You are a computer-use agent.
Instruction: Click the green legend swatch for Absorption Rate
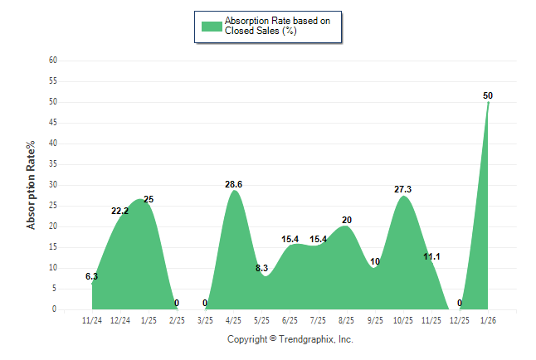click(x=212, y=26)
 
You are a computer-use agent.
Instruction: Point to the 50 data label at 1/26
click(x=488, y=95)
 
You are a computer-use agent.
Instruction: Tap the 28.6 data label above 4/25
click(x=234, y=184)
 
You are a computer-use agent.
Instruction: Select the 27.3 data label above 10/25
click(x=403, y=189)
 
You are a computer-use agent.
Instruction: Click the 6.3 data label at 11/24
click(x=91, y=276)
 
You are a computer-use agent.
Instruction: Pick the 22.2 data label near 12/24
click(x=120, y=211)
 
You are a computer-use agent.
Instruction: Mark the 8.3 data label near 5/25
click(x=261, y=268)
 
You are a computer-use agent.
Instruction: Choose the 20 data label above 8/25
click(x=347, y=220)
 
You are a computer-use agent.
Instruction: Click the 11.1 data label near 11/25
click(x=431, y=257)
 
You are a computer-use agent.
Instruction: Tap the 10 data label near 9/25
click(x=375, y=261)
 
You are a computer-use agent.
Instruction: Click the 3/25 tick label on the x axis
click(x=205, y=320)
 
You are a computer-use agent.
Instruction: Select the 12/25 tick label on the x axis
click(x=459, y=320)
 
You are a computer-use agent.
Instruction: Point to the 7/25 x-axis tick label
click(x=318, y=320)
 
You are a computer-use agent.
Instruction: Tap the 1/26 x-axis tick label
click(x=487, y=320)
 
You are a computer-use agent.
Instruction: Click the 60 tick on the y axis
click(x=53, y=61)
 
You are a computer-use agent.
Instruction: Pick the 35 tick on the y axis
click(x=53, y=164)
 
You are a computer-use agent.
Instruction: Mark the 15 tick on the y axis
click(x=53, y=247)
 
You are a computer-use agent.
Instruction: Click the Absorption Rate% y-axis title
click(x=32, y=185)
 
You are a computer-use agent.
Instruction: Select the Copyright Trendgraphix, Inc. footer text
click(x=290, y=339)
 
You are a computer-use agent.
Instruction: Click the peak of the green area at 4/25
click(x=234, y=192)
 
